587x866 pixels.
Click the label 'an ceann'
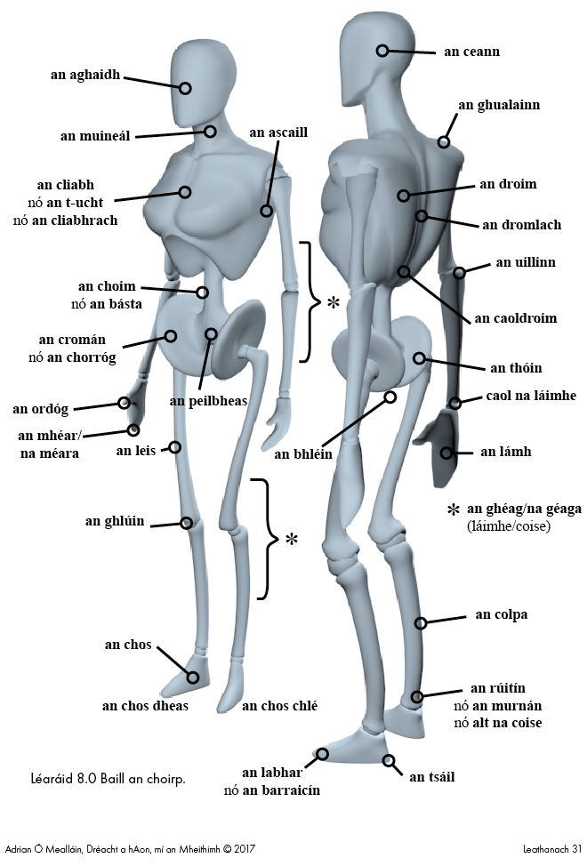pyautogui.click(x=471, y=52)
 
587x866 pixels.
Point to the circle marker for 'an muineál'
pyautogui.click(x=211, y=132)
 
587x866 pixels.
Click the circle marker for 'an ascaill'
pyautogui.click(x=266, y=211)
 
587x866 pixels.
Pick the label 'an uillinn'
pyautogui.click(x=525, y=262)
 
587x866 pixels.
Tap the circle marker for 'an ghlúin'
pyautogui.click(x=187, y=523)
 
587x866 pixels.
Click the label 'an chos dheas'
pyautogui.click(x=145, y=706)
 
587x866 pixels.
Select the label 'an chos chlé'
pyautogui.click(x=279, y=706)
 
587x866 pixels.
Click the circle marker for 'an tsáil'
pyautogui.click(x=389, y=760)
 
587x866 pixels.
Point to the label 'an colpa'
pyautogui.click(x=502, y=614)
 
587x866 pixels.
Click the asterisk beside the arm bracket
pyautogui.click(x=333, y=302)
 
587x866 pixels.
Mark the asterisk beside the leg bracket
pyautogui.click(x=291, y=540)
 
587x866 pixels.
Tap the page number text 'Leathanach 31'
pyautogui.click(x=552, y=849)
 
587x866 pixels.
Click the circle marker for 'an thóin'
pyautogui.click(x=419, y=358)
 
